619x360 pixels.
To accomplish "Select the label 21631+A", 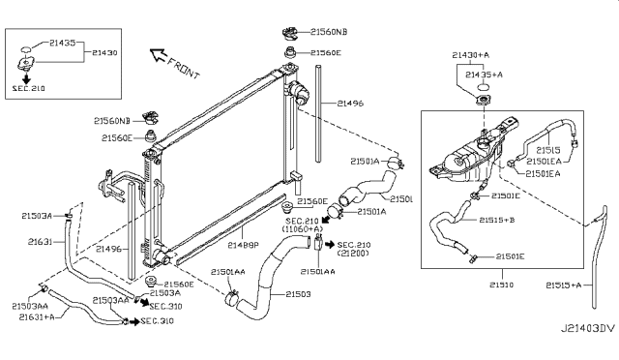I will coord(36,315).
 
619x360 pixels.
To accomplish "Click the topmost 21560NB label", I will coord(329,32).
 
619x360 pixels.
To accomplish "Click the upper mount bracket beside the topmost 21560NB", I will coord(289,30).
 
